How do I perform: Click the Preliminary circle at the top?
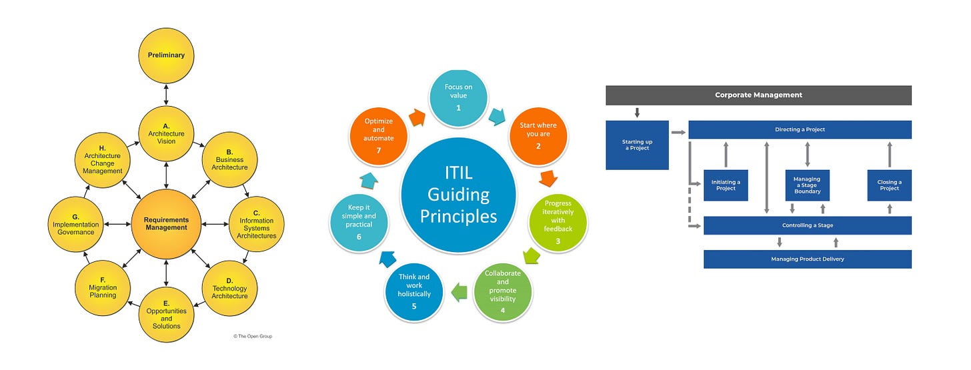pos(166,55)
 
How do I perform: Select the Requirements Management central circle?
pos(166,223)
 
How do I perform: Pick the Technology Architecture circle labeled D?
pos(229,288)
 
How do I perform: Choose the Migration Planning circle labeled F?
pos(103,288)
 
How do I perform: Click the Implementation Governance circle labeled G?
pos(77,225)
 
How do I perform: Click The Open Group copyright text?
pos(253,336)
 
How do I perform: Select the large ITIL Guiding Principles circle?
pos(457,195)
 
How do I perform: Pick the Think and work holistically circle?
pos(414,291)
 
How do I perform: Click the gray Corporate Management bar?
pos(758,95)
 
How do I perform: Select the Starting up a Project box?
pos(637,145)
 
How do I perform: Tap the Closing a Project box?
pos(889,185)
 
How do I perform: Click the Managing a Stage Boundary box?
pos(807,185)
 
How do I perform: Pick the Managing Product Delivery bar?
pos(807,259)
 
